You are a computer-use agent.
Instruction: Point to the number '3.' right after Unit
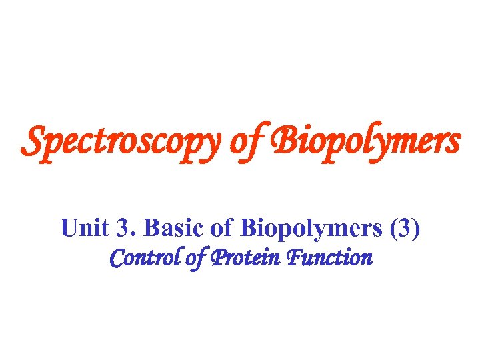(x=123, y=229)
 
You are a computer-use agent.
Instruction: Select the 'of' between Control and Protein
(x=193, y=258)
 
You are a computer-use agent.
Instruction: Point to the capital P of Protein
(x=218, y=257)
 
